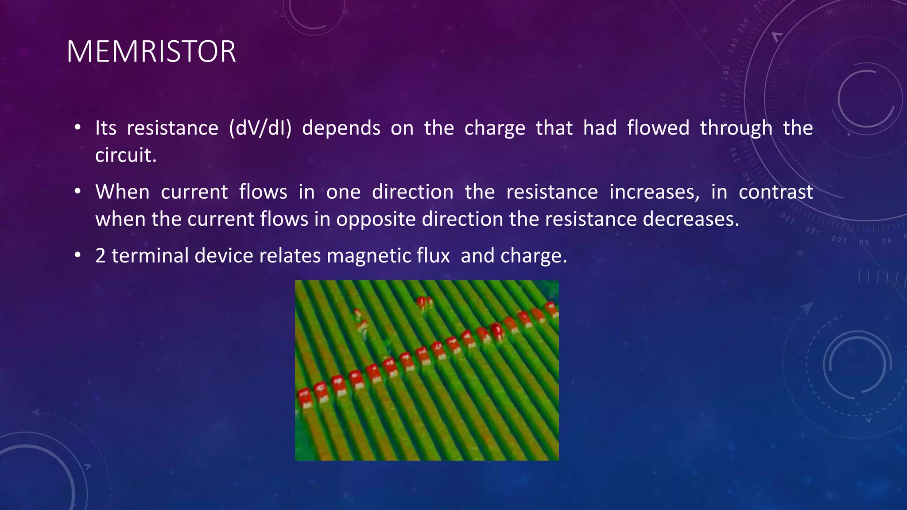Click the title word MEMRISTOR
coord(151,52)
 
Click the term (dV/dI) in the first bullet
coord(260,128)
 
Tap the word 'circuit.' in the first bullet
coord(126,155)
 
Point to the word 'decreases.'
coord(691,219)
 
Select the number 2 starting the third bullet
coord(101,256)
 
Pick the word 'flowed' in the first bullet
coord(658,128)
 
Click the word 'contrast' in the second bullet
coord(776,192)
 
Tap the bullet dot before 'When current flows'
coord(78,191)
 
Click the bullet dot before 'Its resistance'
coord(78,127)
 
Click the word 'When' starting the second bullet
coord(122,192)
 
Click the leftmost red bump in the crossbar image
coord(304,396)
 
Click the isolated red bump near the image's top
coord(424,302)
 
